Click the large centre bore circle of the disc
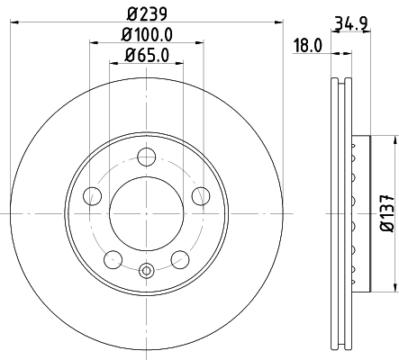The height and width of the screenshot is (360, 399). point(146,212)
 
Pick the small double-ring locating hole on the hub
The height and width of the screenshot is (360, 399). point(146,268)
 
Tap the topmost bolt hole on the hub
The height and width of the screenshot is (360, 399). point(146,157)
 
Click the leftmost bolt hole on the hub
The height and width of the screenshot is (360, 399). point(91,195)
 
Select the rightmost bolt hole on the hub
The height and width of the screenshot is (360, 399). point(200,195)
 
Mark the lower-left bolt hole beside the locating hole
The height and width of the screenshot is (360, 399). point(113,259)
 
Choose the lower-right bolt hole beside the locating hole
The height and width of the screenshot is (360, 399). point(179,259)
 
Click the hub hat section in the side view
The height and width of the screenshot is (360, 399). point(360,213)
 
